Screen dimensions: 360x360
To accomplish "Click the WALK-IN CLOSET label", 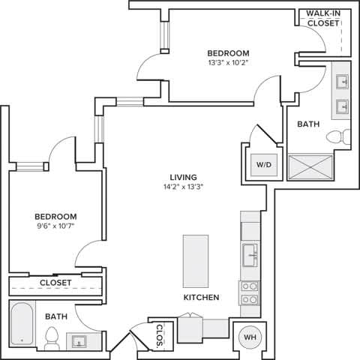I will [323, 18].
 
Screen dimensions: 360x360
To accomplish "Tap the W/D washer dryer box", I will [263, 164].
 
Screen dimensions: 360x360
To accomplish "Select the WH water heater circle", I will [249, 337].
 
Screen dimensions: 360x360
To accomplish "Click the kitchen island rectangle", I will [196, 260].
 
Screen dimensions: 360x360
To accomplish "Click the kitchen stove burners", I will [249, 292].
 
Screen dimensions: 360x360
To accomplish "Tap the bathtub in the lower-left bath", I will [23, 323].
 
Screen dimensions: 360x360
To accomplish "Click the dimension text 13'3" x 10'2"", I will [228, 64].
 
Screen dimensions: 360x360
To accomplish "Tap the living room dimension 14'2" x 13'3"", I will [184, 186].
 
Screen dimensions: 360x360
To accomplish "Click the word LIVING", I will [184, 176].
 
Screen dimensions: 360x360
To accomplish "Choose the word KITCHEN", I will [201, 298].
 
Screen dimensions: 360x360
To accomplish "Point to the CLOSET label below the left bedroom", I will [55, 283].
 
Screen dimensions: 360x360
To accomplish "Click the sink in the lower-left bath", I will [78, 340].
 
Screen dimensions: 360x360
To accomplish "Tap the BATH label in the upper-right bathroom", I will [308, 124].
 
